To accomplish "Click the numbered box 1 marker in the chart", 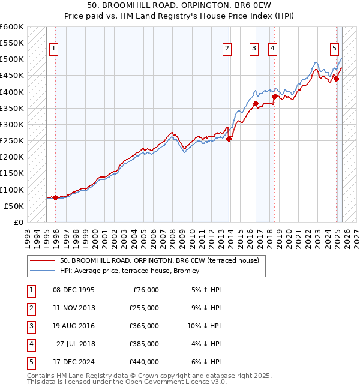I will click(x=54, y=49).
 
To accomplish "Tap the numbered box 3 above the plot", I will click(x=254, y=49).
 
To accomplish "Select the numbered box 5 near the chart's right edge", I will click(x=334, y=49).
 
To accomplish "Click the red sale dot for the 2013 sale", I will click(x=229, y=139).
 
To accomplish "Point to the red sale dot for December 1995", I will click(x=55, y=197).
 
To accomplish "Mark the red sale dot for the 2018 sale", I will click(x=274, y=97).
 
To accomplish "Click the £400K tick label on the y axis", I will click(x=12, y=92).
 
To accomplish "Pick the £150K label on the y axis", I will click(x=12, y=173).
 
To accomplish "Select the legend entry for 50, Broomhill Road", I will click(x=159, y=260).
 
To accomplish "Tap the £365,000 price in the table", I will click(x=144, y=326).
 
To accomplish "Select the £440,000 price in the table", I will click(x=144, y=362).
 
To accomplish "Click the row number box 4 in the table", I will click(x=30, y=344).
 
